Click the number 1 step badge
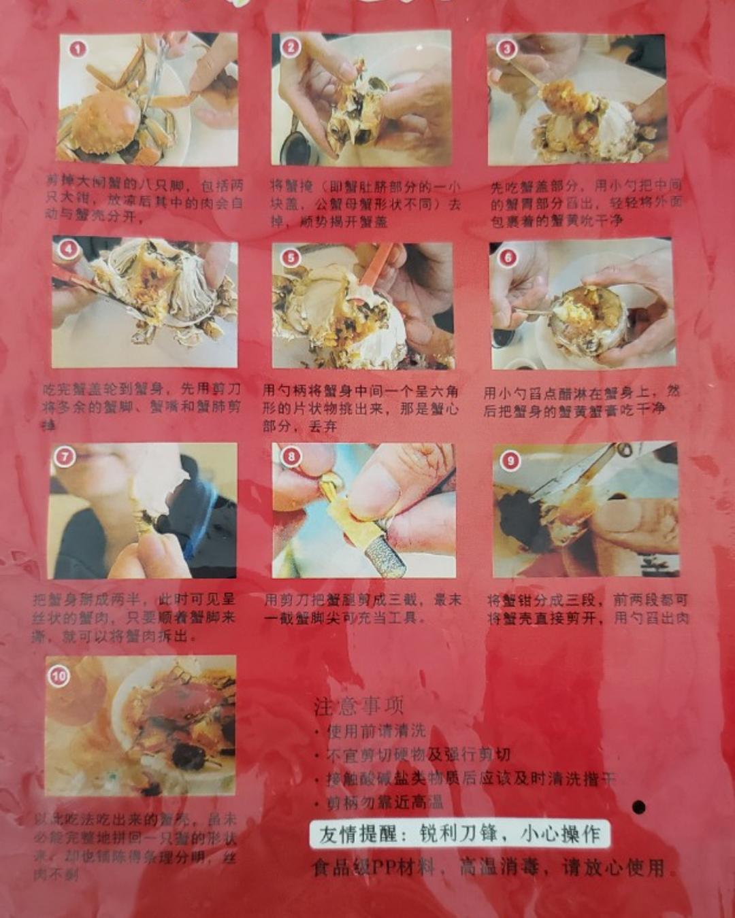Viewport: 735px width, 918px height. coord(78,49)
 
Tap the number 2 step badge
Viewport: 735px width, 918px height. coord(291,47)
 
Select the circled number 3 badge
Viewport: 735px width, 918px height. coord(506,48)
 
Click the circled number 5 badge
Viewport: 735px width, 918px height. coord(291,257)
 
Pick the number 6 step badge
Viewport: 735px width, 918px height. coord(508,256)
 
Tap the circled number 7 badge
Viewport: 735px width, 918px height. coord(65,456)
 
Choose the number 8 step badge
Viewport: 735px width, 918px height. coord(291,456)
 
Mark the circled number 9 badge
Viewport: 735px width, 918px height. coord(510,460)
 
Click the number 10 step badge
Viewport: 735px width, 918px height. coord(59,675)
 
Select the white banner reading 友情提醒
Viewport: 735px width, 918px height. coord(459,834)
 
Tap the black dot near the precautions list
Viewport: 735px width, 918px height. coord(638,807)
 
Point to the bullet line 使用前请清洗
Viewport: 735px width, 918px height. coord(374,731)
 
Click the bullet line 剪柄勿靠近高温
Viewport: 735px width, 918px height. coord(384,802)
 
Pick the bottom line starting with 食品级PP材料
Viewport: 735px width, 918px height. coord(487,868)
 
